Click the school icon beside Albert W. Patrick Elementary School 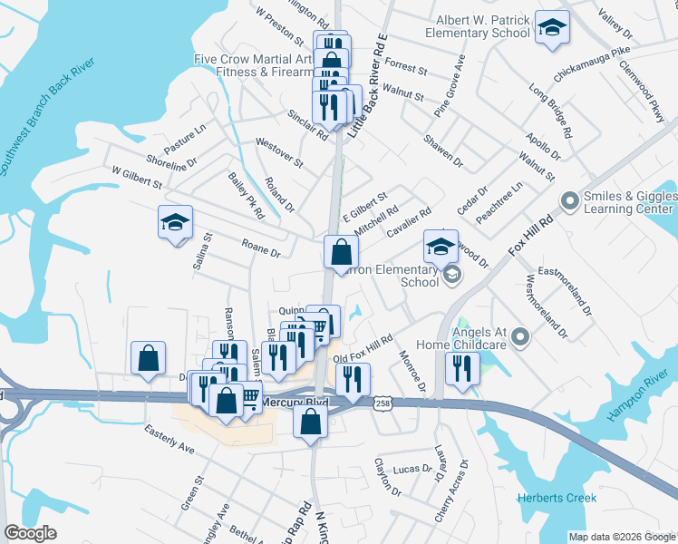click(550, 29)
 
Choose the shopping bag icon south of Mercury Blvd click(310, 422)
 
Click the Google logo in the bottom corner click(30, 533)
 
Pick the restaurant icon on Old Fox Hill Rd click(353, 379)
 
